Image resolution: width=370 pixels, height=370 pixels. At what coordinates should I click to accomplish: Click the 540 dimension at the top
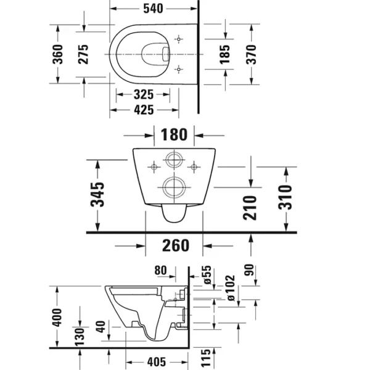tap(153, 9)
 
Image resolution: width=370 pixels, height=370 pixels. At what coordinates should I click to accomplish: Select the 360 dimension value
tap(57, 54)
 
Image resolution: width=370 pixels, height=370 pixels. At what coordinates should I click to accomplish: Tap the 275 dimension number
tap(83, 54)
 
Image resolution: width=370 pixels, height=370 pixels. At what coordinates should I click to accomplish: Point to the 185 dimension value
tap(224, 54)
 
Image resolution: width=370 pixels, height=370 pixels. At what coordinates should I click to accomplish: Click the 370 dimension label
tap(251, 54)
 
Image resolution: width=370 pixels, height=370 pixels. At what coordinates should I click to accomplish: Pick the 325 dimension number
tap(144, 94)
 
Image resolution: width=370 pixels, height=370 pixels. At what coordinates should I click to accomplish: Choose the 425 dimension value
tap(144, 110)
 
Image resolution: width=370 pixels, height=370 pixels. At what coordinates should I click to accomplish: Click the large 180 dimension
tap(174, 134)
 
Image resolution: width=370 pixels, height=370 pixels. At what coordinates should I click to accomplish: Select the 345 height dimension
tap(97, 194)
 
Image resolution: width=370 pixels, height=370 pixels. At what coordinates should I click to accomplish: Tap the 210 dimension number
tap(250, 208)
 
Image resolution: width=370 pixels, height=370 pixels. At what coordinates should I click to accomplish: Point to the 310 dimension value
tap(285, 197)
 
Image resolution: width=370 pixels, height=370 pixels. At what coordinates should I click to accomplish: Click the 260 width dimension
tap(176, 245)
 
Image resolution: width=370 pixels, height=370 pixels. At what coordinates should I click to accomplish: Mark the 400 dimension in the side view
tap(57, 318)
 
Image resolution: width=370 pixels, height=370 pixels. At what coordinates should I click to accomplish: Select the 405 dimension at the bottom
tap(157, 362)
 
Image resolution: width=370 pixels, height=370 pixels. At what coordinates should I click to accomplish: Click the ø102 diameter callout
tap(231, 288)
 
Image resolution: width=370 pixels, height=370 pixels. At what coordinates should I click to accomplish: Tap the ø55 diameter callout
tap(207, 275)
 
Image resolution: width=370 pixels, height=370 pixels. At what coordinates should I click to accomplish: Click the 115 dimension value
tap(205, 358)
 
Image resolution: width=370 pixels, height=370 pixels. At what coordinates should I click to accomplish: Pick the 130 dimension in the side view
tap(80, 337)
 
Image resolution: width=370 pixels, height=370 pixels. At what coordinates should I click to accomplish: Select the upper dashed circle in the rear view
tap(174, 152)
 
